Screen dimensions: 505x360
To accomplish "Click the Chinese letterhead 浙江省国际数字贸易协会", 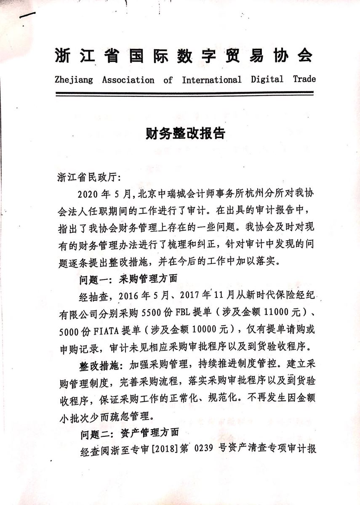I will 184,56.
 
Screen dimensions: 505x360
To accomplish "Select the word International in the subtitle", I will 211,80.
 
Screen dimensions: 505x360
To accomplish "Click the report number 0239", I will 205,449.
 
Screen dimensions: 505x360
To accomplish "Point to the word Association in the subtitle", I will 128,80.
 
